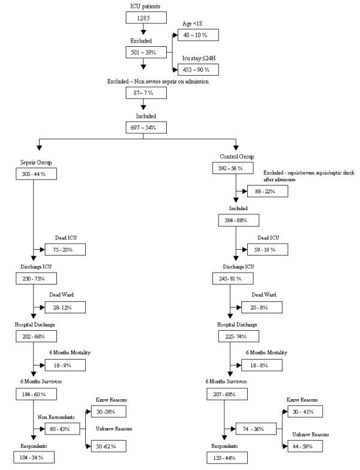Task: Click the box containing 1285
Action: click(x=142, y=18)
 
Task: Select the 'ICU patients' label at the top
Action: click(x=142, y=7)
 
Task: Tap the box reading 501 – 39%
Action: click(x=142, y=53)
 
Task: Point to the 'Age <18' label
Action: click(x=193, y=23)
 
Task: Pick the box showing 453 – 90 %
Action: click(x=197, y=68)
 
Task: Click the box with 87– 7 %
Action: click(x=142, y=92)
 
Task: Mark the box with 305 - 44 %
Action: click(x=33, y=173)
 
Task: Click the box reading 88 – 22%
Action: click(x=267, y=191)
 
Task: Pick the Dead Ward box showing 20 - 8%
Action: click(x=265, y=307)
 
